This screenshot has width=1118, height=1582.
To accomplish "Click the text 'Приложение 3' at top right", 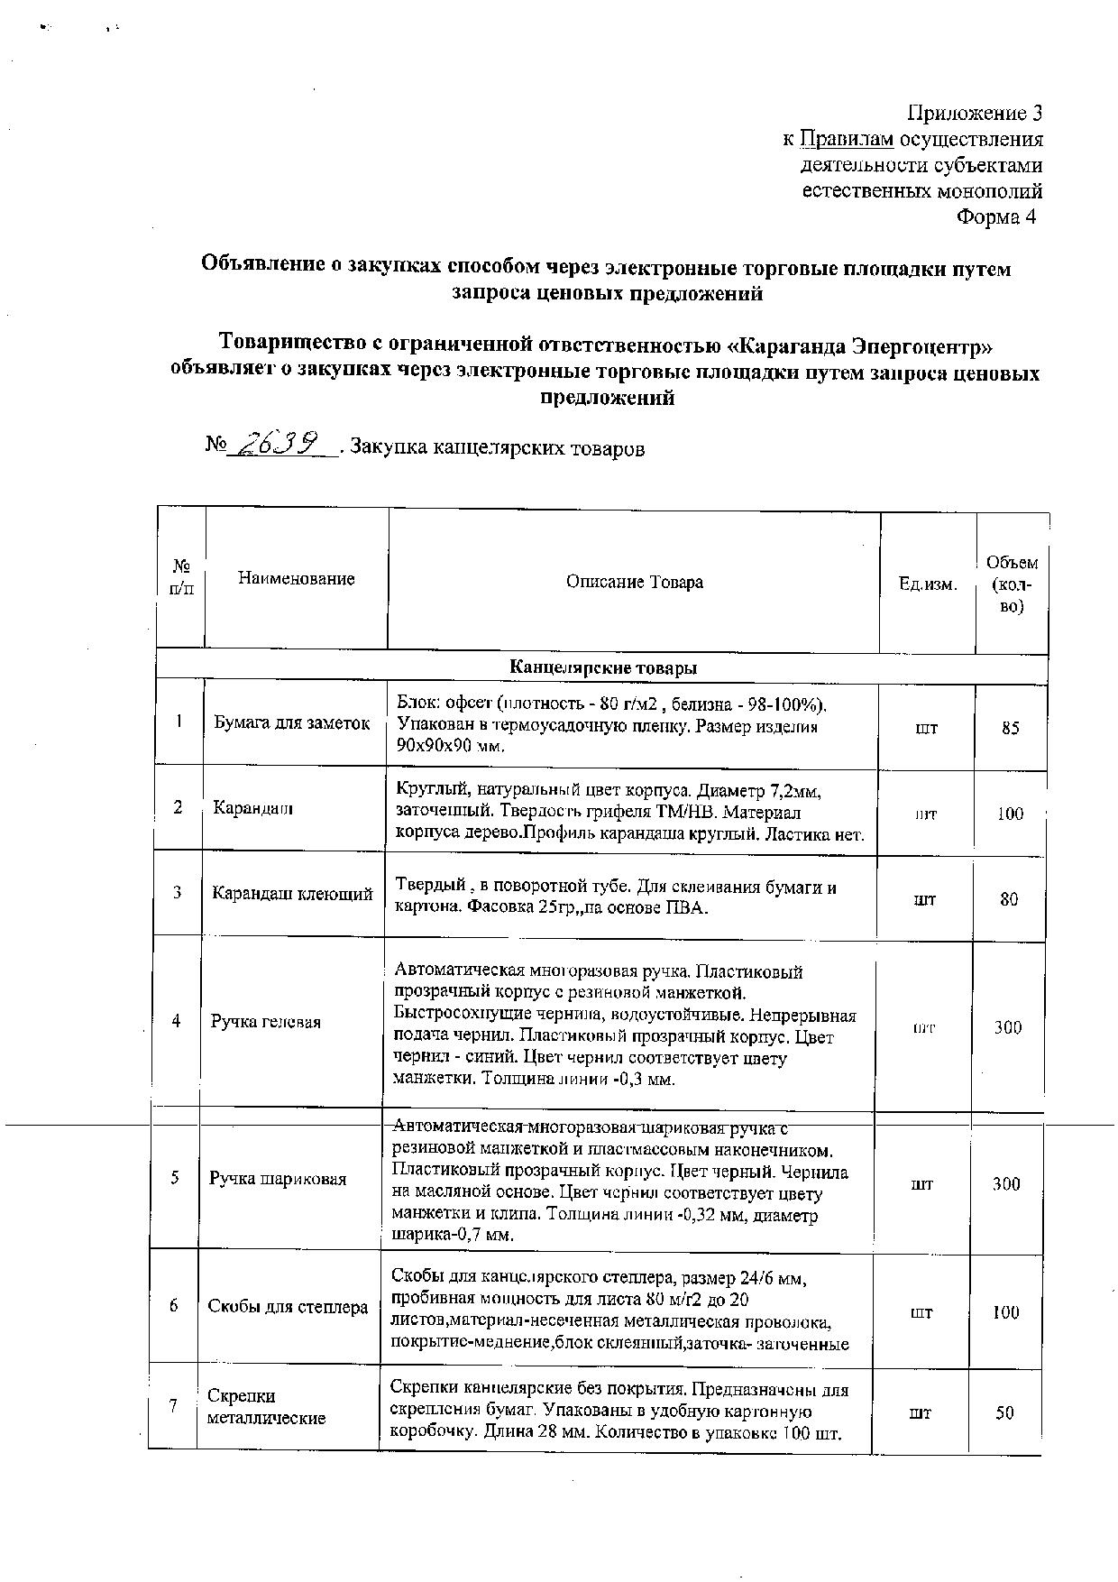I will point(974,113).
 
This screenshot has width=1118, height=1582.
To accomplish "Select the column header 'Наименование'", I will point(296,578).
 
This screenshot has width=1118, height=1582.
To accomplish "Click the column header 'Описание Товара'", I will point(634,582).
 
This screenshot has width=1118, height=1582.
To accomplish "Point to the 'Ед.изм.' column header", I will point(927,584).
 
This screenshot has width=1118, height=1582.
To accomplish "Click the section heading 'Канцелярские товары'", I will point(602,668).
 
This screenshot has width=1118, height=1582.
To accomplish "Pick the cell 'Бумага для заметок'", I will point(292,722).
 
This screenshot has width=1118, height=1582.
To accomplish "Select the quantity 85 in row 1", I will point(1010,727).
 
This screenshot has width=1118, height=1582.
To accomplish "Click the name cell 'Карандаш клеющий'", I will point(292,894).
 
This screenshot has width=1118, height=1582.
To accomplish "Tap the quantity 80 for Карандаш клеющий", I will point(1009,899).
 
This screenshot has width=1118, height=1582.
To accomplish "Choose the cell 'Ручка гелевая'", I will point(266,1022).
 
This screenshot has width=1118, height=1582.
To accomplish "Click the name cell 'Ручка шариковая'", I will point(278,1179).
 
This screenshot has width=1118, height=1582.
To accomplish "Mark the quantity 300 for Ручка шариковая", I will point(1006,1184).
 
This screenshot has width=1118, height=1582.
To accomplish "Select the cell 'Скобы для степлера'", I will point(288,1307).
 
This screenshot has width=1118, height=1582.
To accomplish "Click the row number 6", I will point(173,1305).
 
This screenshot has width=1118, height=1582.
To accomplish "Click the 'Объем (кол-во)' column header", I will point(1012,584).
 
